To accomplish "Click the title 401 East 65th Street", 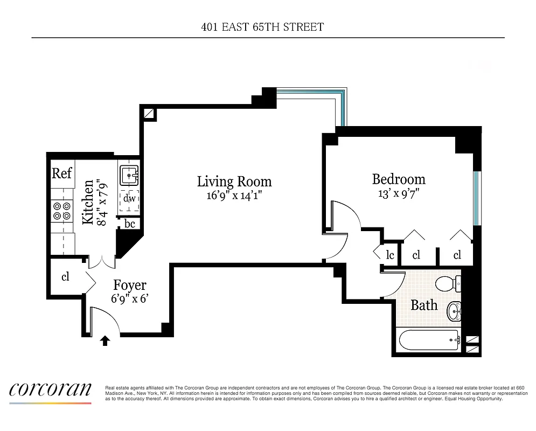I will (262, 27).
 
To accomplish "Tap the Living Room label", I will (234, 182).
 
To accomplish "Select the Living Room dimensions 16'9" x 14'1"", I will (234, 196).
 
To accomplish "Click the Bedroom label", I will (399, 179).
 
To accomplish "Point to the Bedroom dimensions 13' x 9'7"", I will (399, 193).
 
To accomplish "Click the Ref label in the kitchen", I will (62, 173).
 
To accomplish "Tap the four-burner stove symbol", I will (62, 211).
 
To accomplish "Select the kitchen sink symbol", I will (129, 175).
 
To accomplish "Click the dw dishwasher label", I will (129, 199).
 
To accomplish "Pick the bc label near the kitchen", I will (130, 224).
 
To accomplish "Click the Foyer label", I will (129, 285).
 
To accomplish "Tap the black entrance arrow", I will (106, 340).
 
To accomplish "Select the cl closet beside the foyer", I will (65, 277).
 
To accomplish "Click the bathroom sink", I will (454, 311).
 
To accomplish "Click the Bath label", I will (424, 305).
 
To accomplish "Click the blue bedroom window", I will (476, 198).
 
